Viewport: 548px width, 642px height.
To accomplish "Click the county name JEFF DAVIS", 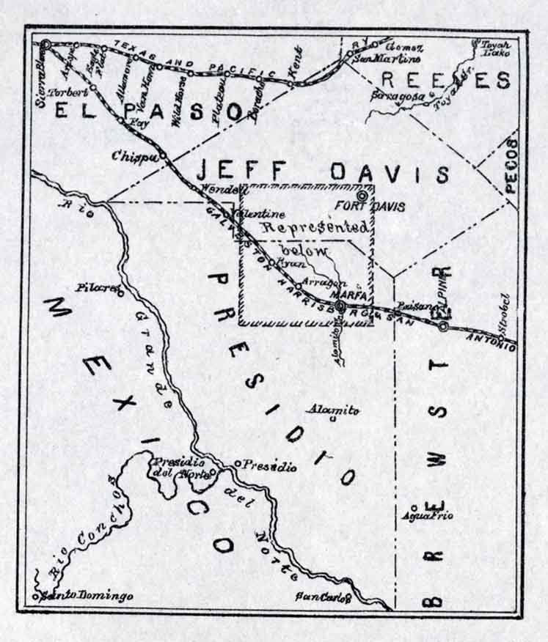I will coord(323,173).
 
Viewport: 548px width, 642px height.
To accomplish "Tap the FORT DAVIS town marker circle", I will coord(361,196).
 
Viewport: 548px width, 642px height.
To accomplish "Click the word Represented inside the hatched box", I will coord(315,227).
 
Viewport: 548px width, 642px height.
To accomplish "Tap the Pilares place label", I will coord(96,288).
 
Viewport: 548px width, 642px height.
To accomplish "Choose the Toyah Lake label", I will coord(494,48).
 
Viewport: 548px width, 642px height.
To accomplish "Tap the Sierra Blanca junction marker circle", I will coord(45,45).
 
